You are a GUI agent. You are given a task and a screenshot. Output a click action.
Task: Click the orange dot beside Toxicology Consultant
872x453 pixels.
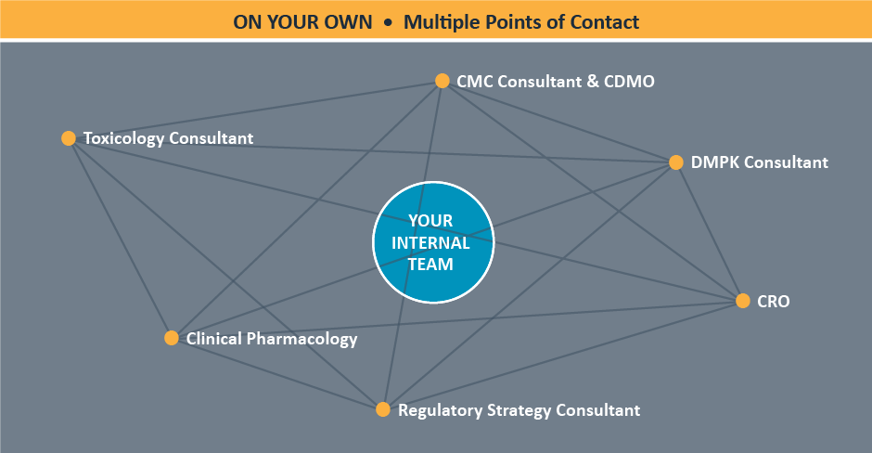(69, 138)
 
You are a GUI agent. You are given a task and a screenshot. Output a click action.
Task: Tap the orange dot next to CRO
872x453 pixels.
(743, 301)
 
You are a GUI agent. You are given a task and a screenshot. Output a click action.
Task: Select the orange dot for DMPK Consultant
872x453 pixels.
(676, 162)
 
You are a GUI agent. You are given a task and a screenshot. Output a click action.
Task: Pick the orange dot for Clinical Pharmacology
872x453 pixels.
(172, 338)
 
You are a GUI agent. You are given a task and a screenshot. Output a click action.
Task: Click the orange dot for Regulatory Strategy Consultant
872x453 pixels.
(382, 409)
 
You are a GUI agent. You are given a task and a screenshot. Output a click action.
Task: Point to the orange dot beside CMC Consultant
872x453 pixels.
(442, 81)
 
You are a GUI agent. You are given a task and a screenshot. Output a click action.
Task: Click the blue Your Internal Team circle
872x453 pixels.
(433, 242)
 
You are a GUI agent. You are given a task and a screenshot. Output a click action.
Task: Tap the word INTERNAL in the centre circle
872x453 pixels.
(430, 242)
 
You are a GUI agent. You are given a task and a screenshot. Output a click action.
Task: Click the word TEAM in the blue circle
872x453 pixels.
(430, 264)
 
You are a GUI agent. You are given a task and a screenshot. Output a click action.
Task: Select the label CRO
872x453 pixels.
(774, 301)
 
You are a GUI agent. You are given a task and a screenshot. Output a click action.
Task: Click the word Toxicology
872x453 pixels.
(124, 138)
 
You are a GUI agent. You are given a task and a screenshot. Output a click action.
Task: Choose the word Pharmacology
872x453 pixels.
(302, 339)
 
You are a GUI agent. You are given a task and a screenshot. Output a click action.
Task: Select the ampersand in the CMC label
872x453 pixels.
(593, 82)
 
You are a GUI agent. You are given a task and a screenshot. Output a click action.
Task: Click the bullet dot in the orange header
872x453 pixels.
(388, 23)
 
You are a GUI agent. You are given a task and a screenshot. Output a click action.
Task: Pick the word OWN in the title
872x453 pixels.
(348, 22)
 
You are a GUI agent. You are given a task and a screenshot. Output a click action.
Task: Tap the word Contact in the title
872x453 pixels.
(605, 22)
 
